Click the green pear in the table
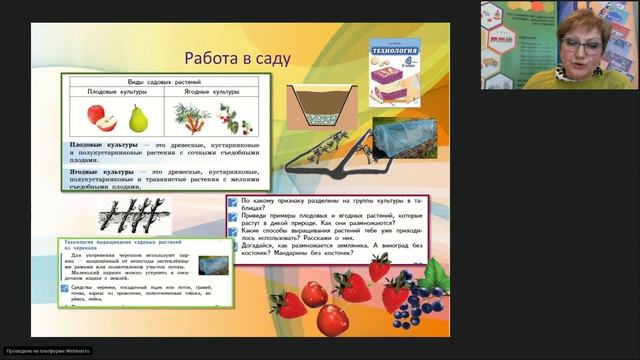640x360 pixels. pyautogui.click(x=137, y=118)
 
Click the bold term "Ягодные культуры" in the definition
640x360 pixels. pyautogui.click(x=101, y=171)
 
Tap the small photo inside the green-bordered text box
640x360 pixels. pyautogui.click(x=211, y=265)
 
